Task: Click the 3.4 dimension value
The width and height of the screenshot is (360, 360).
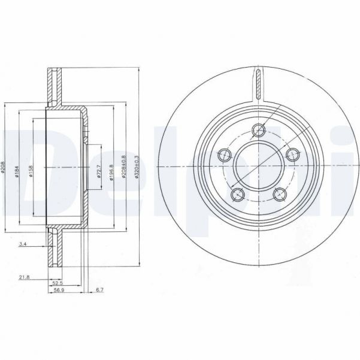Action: coord(22,244)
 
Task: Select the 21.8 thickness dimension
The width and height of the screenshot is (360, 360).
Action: coord(25,277)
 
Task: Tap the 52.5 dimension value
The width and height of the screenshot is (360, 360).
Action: coord(58,283)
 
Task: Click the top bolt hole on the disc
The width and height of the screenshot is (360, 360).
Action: coord(258,129)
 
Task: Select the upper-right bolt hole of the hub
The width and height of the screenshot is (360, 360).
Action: coord(292,155)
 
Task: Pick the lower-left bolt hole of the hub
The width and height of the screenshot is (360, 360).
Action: coord(237,194)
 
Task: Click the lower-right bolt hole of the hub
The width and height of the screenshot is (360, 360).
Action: coord(279,194)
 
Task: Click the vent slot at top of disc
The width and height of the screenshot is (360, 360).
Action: coord(258,84)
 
